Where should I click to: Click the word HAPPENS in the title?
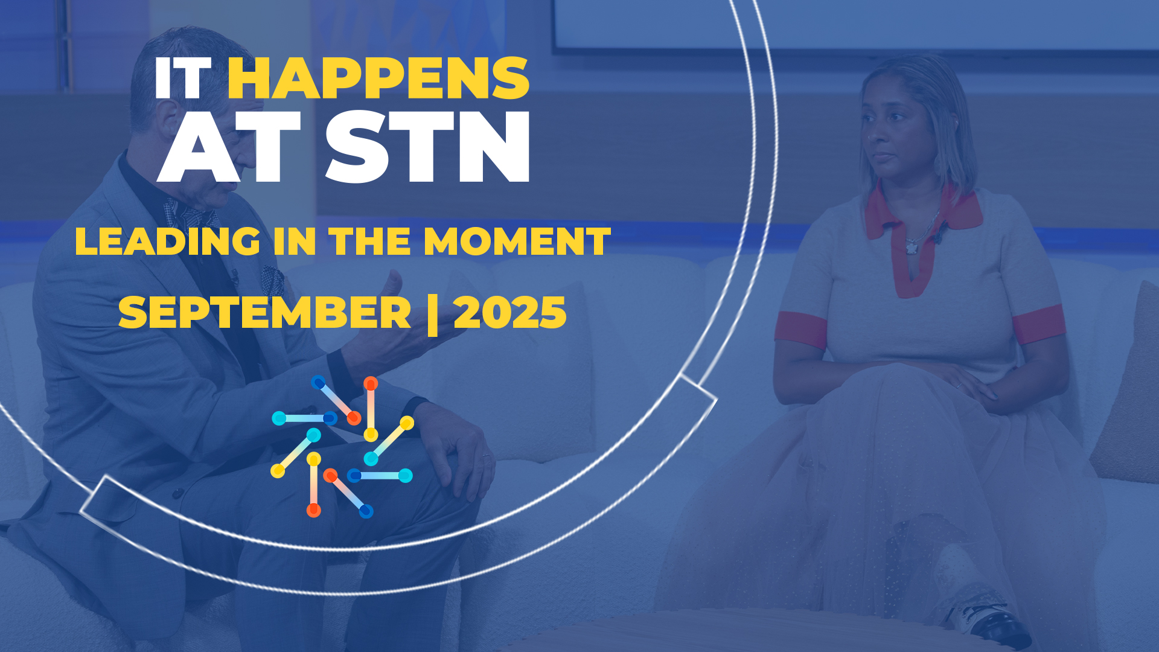pos(378,78)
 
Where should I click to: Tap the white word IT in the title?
pos(182,78)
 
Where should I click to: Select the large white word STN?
pos(428,147)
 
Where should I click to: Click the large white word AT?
pos(229,147)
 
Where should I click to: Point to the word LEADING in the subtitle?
pos(168,241)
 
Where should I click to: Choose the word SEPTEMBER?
pos(265,313)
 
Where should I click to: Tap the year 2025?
pos(510,313)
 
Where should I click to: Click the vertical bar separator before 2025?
pos(432,315)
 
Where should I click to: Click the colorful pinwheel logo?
pos(342,447)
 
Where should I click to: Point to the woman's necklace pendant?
pos(912,246)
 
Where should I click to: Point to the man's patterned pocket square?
pos(272,280)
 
